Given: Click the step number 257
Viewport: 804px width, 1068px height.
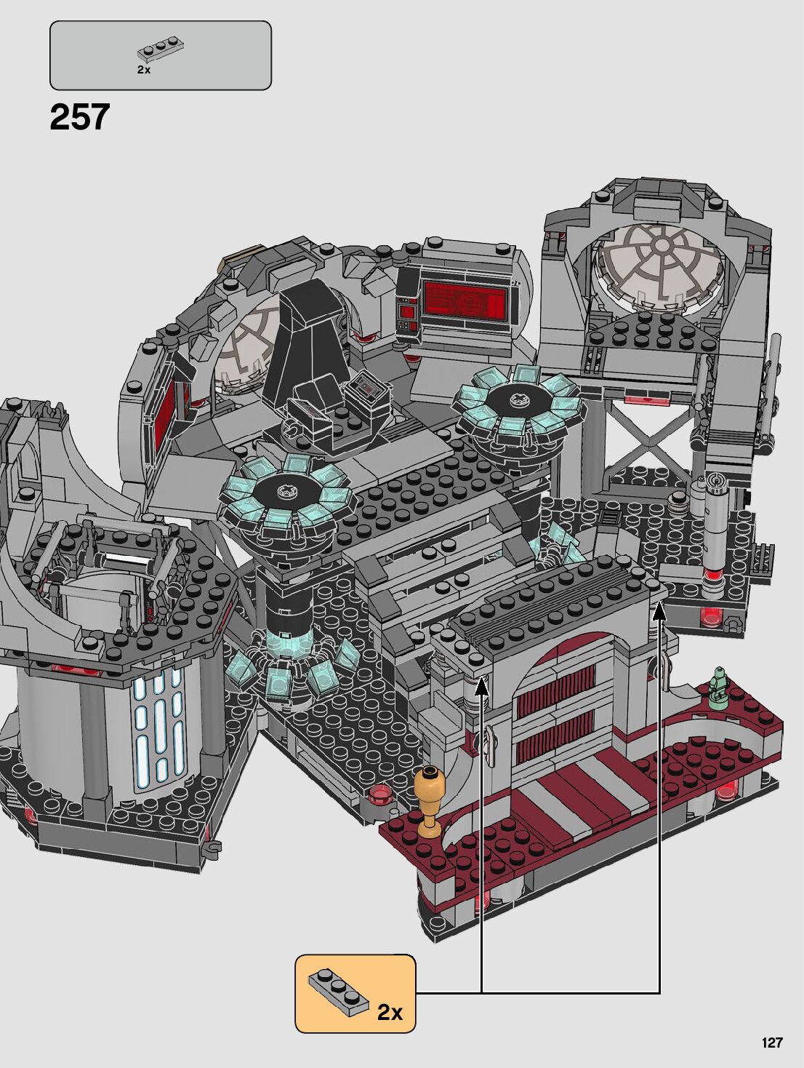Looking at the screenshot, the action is click(x=80, y=117).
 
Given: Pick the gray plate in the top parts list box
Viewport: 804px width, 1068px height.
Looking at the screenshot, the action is click(x=161, y=50).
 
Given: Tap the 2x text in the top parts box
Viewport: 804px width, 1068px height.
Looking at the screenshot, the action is click(x=144, y=70).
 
